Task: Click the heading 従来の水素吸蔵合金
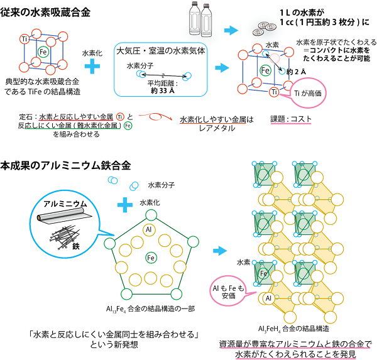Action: [x=45, y=13]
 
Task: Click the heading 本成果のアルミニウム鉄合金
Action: [x=65, y=166]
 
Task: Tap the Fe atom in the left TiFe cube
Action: [x=43, y=52]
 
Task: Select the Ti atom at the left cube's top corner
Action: [x=25, y=39]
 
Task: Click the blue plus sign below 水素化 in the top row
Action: [x=92, y=66]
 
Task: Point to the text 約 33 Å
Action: [x=163, y=90]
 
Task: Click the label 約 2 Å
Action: [x=296, y=72]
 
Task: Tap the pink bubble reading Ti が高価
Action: [x=308, y=93]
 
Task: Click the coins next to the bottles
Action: [x=264, y=28]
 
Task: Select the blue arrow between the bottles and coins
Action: [x=231, y=30]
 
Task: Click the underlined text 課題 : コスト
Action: [x=291, y=119]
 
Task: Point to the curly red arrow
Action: [x=156, y=117]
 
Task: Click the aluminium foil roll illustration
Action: [x=65, y=215]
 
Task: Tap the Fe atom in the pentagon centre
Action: [x=151, y=258]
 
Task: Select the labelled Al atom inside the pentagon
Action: [x=149, y=230]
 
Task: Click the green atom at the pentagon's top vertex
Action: [x=151, y=215]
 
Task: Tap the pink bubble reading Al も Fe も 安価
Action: [x=229, y=292]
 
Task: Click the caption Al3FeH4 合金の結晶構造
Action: [x=293, y=329]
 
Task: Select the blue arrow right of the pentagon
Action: [x=220, y=251]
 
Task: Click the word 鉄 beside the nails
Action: [x=76, y=246]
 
